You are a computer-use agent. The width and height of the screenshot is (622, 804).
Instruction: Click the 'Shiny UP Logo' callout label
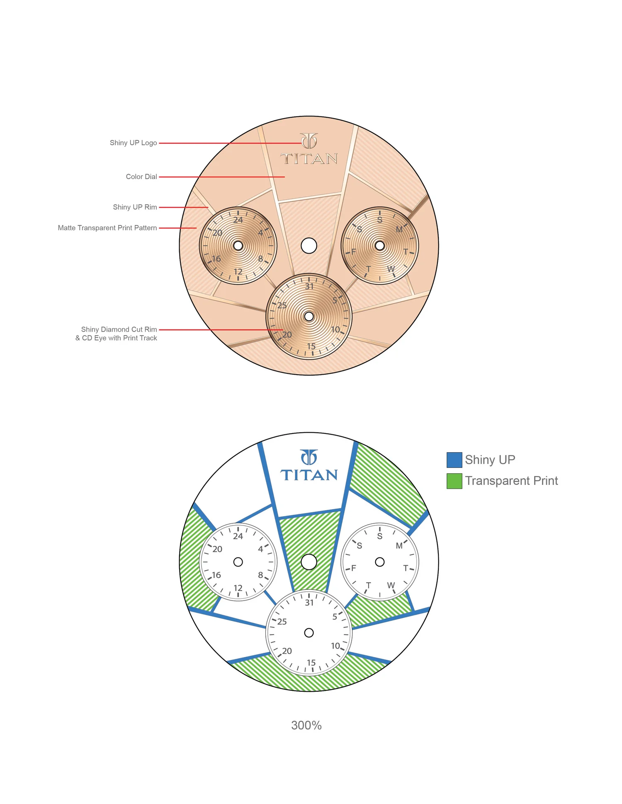coord(133,143)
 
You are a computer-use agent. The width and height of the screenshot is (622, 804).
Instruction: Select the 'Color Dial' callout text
coord(141,177)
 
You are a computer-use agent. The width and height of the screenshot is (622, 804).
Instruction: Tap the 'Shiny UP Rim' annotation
coord(135,207)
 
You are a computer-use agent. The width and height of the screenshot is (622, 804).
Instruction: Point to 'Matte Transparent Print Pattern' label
coord(107,228)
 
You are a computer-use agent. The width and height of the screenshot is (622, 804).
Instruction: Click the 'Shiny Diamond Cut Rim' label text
coord(119,329)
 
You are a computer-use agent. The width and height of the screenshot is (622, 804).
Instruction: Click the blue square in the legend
coord(454,460)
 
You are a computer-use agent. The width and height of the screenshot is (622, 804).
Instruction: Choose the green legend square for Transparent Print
coord(454,481)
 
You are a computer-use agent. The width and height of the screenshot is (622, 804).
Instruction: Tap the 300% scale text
coord(306,725)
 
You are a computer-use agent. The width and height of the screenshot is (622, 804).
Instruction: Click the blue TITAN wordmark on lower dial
coord(309,475)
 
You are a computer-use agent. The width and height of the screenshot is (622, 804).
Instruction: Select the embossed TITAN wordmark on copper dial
coord(309,159)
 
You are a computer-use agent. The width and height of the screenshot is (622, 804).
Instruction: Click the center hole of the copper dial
coord(309,246)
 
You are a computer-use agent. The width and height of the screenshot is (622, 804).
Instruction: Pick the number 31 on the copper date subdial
coord(309,286)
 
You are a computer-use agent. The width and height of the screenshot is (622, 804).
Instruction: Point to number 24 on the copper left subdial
coord(238,220)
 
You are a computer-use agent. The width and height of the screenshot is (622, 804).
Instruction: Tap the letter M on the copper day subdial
coord(399,230)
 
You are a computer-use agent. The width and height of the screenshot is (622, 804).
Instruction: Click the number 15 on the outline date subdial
coord(311,663)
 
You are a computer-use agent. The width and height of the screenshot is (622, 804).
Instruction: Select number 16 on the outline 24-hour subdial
coord(216,575)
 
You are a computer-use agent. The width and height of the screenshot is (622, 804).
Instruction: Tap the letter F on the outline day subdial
coord(353,568)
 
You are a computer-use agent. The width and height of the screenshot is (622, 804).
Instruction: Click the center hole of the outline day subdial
coord(380,562)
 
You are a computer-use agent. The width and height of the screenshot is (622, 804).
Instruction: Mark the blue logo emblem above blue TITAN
coord(309,458)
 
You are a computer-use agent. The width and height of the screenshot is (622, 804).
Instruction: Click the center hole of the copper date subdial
coord(309,317)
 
